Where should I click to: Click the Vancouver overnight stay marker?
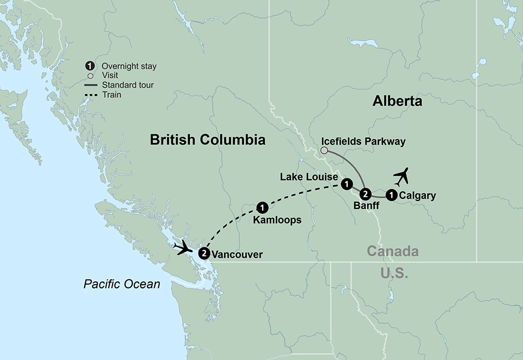click(204, 254)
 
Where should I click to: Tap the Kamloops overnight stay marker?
click(263, 207)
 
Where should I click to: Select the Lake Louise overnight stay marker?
click(346, 184)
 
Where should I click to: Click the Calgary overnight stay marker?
click(391, 196)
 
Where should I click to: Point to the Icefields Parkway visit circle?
click(324, 151)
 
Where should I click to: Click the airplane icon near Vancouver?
click(184, 246)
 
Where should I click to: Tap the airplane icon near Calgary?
click(401, 177)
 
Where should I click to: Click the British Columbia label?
click(207, 140)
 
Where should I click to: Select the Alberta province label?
click(397, 101)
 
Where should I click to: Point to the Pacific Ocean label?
click(122, 284)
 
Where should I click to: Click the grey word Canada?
click(392, 252)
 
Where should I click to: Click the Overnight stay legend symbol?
click(90, 66)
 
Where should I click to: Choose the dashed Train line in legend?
click(92, 95)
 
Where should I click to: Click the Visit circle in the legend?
click(90, 76)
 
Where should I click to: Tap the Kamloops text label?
click(277, 220)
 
